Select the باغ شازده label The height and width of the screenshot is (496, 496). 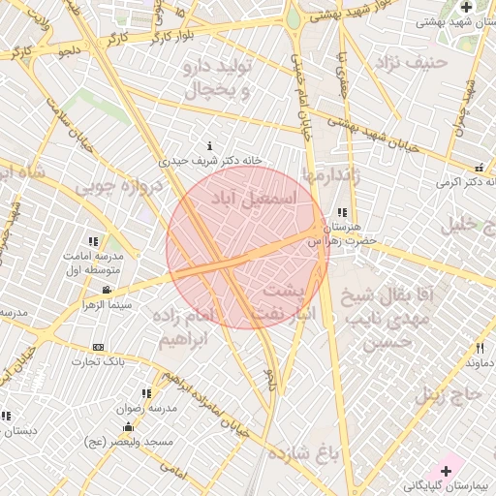click(x=302, y=451)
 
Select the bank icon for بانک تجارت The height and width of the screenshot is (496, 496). click(x=98, y=347)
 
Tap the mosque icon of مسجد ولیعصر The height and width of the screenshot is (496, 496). click(x=128, y=427)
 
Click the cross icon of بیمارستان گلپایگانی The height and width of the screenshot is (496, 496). click(x=446, y=470)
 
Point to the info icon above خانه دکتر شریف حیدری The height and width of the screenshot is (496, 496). click(x=210, y=146)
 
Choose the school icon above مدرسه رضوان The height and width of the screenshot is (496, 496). click(x=146, y=393)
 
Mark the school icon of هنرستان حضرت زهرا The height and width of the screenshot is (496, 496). click(x=342, y=212)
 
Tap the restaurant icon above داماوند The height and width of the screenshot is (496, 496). click(x=480, y=348)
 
